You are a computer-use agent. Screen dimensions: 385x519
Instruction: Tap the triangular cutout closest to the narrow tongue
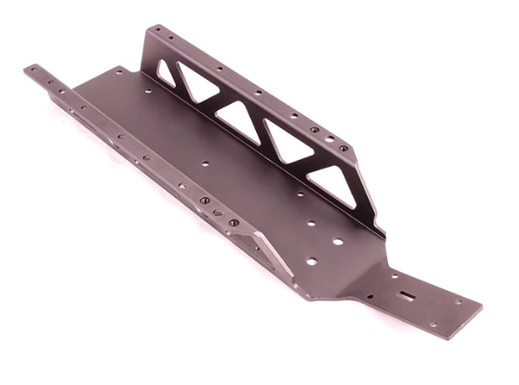[335, 185]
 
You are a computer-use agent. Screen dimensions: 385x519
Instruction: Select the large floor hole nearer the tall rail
[338, 242]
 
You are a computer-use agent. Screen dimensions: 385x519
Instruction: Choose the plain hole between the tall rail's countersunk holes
[329, 139]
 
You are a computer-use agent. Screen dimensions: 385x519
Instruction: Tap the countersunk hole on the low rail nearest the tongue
[234, 222]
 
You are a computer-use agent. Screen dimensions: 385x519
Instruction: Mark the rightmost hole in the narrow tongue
[457, 302]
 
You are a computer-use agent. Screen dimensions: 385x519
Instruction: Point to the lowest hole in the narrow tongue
[432, 324]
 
